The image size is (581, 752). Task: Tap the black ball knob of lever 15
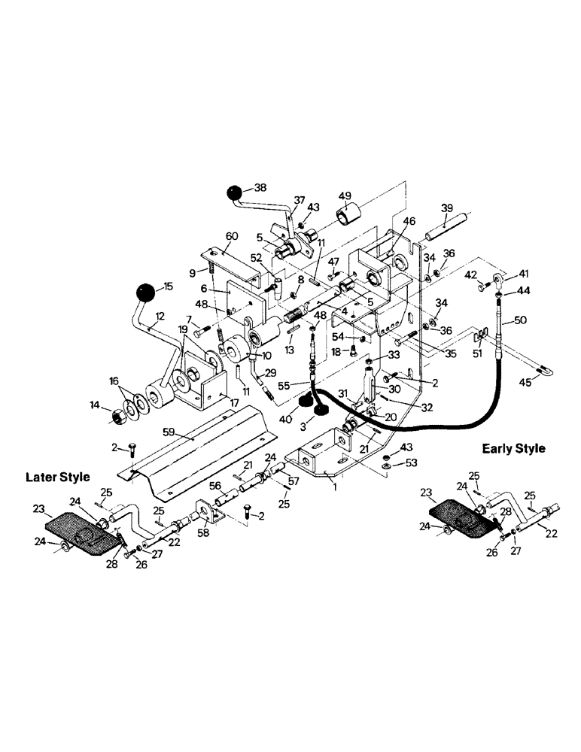[x=146, y=291]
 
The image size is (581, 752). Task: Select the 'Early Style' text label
[x=513, y=448]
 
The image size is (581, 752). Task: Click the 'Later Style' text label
[x=58, y=477]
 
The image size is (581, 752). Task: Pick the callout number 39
[x=446, y=208]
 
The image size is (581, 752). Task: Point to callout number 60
[x=232, y=236]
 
